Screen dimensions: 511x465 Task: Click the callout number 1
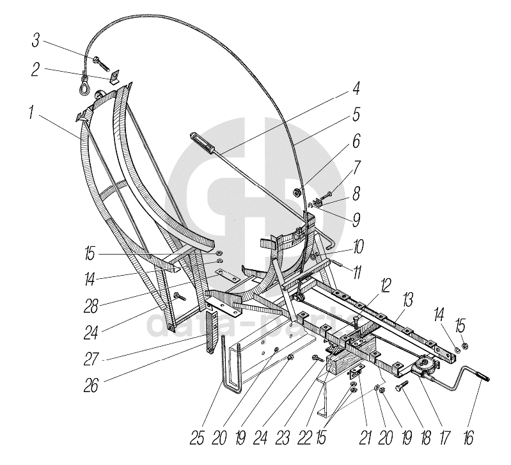[30, 113]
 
